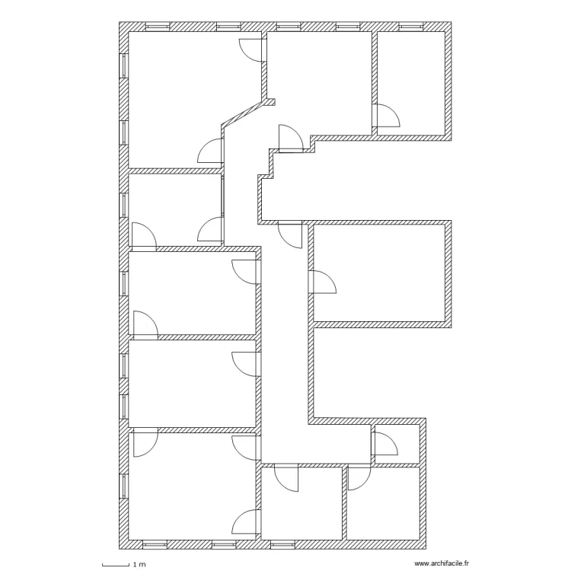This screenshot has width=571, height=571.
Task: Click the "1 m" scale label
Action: pos(139,565)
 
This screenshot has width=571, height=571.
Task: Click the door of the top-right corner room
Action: pos(387,116)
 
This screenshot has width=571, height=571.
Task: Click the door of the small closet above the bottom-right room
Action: pos(384,444)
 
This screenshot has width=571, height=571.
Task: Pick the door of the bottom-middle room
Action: pos(287,478)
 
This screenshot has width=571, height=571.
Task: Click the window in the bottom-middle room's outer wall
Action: pos(281,544)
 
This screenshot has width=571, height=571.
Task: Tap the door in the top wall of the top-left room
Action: pos(251,49)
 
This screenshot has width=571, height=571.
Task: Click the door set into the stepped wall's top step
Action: pos(291,138)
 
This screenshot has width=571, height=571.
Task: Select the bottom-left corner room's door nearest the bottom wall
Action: pos(246,523)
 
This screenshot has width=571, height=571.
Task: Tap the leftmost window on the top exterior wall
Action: pos(157,27)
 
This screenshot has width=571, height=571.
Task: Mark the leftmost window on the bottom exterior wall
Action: pos(155,544)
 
